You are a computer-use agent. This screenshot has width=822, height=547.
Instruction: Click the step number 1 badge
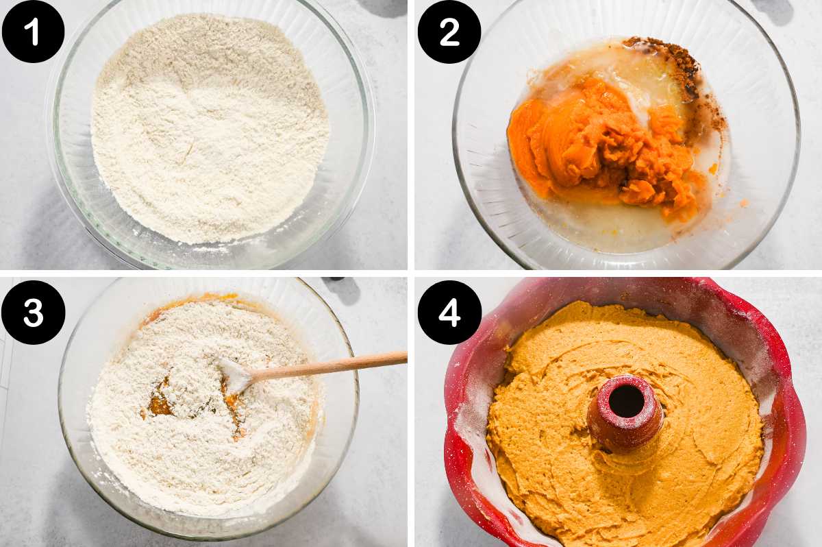tap(33, 32)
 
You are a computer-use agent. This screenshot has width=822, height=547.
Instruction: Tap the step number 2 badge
tap(449, 32)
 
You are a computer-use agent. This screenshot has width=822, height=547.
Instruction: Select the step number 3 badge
tap(33, 313)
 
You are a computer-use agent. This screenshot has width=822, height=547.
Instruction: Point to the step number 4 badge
tap(449, 313)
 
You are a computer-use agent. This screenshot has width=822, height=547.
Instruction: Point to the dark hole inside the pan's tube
tap(626, 401)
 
